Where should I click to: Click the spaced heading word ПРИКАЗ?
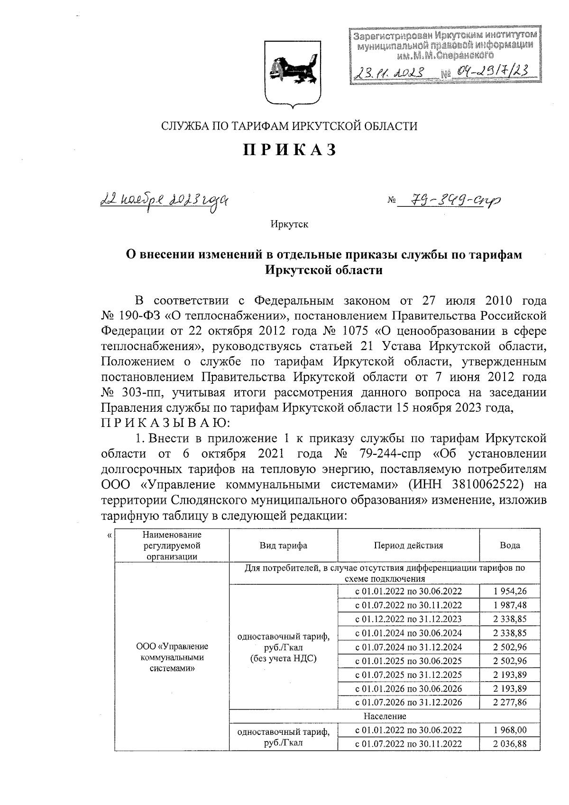point(290,150)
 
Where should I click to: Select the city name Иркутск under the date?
point(290,224)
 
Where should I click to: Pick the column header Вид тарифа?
point(283,545)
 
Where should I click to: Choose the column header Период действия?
point(408,545)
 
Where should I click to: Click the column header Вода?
point(510,545)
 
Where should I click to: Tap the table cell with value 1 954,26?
point(510,591)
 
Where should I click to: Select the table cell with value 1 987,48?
point(510,605)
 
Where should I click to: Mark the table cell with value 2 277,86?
point(510,702)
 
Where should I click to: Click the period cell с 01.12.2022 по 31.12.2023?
point(408,619)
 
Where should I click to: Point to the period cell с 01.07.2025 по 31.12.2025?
point(408,674)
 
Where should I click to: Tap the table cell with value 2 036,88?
point(510,743)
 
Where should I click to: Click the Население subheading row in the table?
point(385,716)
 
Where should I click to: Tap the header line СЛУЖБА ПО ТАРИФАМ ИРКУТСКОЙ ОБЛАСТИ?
point(290,126)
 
